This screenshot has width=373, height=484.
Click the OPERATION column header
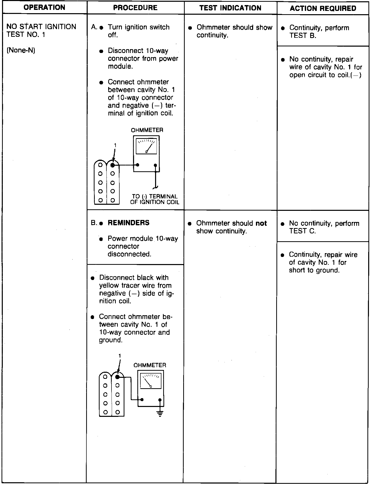point(44,7)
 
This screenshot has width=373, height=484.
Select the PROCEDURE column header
point(135,8)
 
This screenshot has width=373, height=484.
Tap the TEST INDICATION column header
point(230,8)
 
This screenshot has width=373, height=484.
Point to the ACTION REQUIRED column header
point(323,8)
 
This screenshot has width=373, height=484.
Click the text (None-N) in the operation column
point(21,50)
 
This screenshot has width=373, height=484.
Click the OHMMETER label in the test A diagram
point(147,130)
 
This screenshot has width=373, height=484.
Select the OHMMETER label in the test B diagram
point(150,365)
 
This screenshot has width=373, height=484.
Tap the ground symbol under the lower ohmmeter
point(160,414)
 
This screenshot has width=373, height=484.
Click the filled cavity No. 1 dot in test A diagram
point(113,165)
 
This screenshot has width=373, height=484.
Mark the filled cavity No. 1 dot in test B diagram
point(117,377)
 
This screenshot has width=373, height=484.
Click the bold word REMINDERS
point(128,223)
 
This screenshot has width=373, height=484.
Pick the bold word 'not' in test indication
point(261,223)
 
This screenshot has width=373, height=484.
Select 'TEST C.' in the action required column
point(302,231)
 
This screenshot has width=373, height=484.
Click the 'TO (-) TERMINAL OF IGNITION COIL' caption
point(155,199)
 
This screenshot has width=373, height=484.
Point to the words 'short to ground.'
point(314,270)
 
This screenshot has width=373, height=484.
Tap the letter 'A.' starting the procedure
point(94,27)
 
